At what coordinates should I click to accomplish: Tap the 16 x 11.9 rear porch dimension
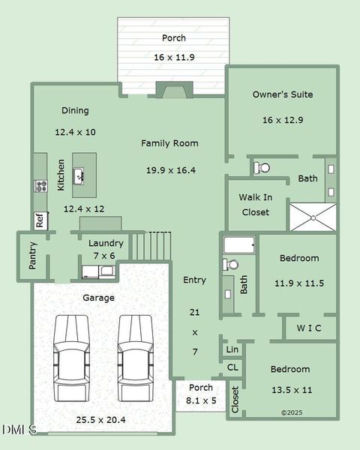click(x=174, y=57)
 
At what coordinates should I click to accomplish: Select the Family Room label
click(x=170, y=142)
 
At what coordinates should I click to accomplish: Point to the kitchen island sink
click(x=79, y=177)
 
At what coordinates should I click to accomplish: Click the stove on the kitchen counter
click(x=40, y=186)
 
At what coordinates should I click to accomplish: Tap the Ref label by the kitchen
click(x=40, y=221)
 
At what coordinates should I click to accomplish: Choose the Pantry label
click(x=32, y=256)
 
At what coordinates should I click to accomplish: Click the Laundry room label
click(x=106, y=243)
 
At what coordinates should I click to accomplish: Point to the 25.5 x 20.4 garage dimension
click(x=100, y=419)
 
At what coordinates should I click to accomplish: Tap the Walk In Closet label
click(x=255, y=205)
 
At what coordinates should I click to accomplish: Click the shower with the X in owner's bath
click(x=313, y=217)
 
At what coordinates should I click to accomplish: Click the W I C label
click(x=309, y=328)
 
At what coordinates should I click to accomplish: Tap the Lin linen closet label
click(x=232, y=349)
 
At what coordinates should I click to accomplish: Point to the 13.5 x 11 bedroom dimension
click(x=291, y=390)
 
